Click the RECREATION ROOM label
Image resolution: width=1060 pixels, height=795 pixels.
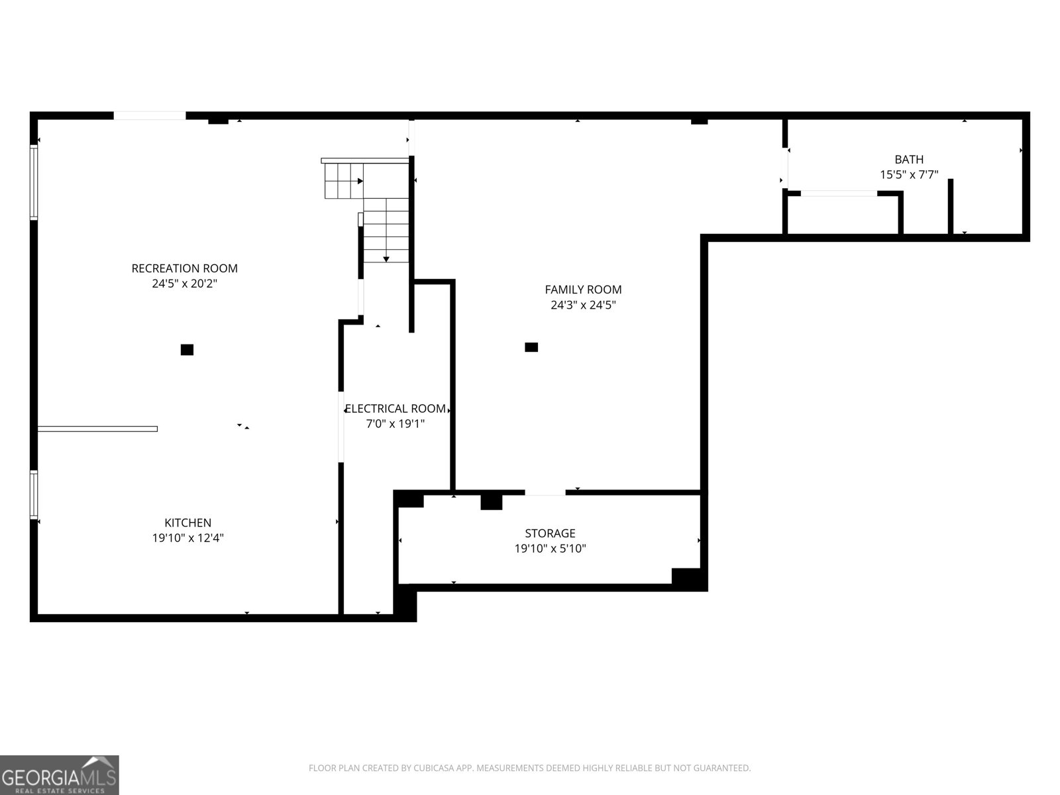(184, 268)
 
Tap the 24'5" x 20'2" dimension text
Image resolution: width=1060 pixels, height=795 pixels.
(184, 284)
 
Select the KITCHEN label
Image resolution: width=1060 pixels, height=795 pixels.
(187, 523)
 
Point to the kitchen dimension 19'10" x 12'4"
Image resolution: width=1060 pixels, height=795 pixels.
(187, 538)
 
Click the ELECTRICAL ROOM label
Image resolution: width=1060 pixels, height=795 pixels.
(396, 409)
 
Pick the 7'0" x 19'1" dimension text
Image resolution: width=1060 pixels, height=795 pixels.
(396, 424)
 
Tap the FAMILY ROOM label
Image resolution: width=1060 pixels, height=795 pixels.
(583, 290)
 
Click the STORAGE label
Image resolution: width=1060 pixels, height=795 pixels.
(550, 533)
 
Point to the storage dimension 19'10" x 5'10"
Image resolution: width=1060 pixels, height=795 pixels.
(550, 549)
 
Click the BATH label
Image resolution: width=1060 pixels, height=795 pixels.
(909, 160)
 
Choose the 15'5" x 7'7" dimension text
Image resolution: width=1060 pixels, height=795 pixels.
(909, 175)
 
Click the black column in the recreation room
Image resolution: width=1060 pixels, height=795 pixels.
(187, 350)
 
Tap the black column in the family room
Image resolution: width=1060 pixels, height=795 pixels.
(531, 347)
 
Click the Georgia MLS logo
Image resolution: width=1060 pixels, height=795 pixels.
(60, 774)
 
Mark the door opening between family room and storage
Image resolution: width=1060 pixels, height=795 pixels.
(545, 492)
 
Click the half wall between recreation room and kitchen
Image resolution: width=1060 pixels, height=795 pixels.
(97, 429)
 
